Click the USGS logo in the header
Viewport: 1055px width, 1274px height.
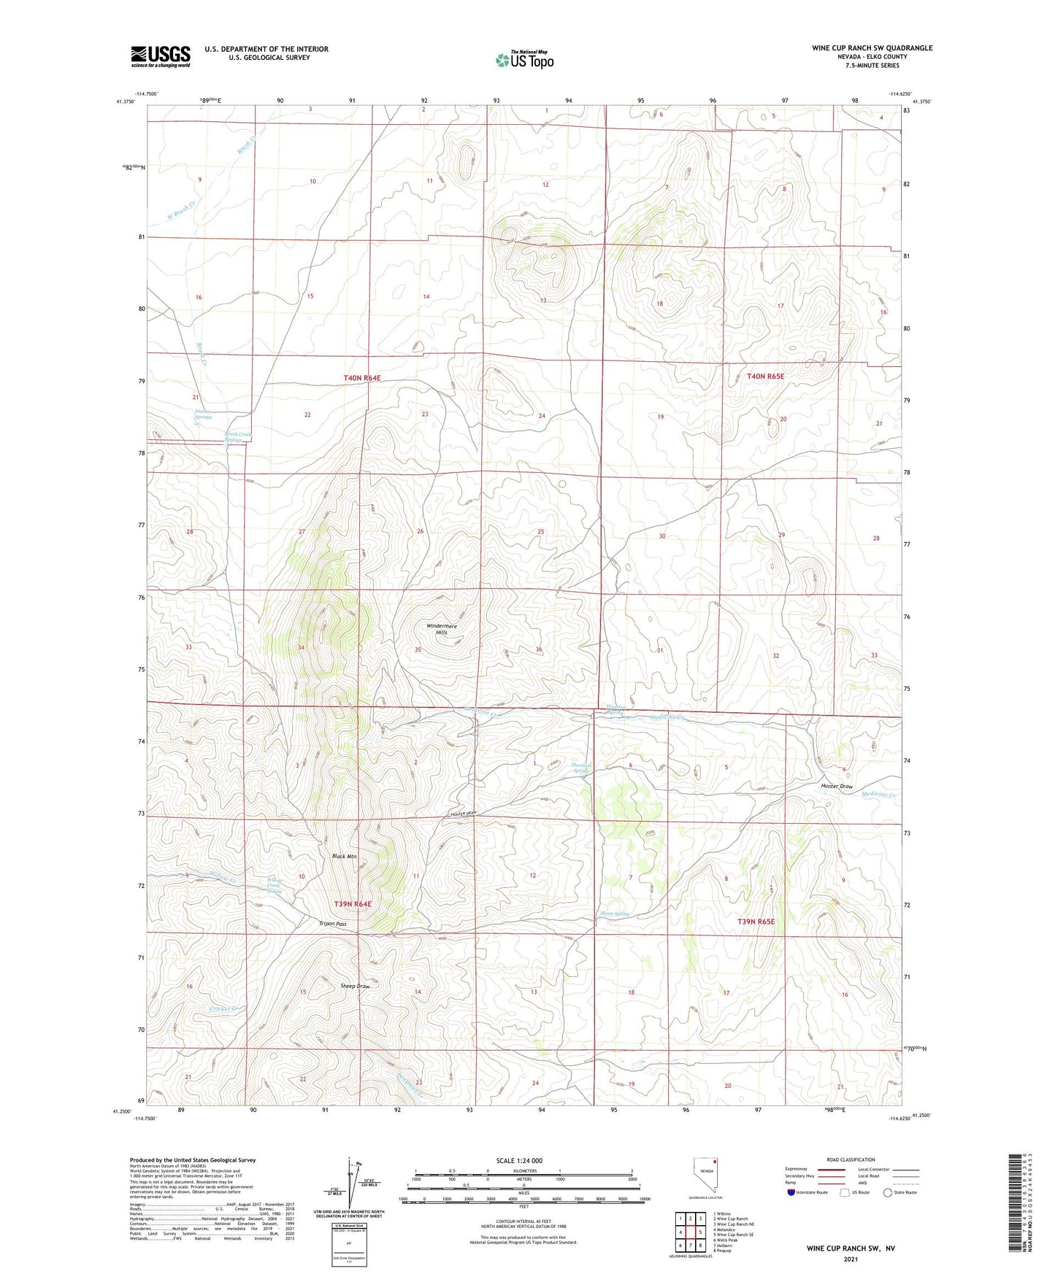[160, 55]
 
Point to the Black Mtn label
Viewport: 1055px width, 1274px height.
[344, 856]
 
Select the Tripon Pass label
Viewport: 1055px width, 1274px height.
[333, 924]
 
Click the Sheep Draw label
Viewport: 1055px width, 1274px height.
[355, 986]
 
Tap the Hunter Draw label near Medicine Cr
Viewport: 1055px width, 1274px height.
[836, 787]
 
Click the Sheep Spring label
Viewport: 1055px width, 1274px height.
[614, 914]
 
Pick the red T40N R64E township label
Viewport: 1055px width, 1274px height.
[362, 378]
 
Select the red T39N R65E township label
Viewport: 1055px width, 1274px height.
[756, 922]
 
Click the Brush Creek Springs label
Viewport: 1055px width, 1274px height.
[237, 437]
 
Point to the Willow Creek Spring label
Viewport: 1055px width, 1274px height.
[275, 885]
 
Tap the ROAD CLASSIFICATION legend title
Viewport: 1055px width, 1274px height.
[851, 1159]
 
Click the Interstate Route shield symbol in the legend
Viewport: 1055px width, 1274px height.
[791, 1192]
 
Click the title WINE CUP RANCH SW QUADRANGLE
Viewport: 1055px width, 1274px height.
[872, 48]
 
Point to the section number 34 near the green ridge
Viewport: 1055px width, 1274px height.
[301, 648]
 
